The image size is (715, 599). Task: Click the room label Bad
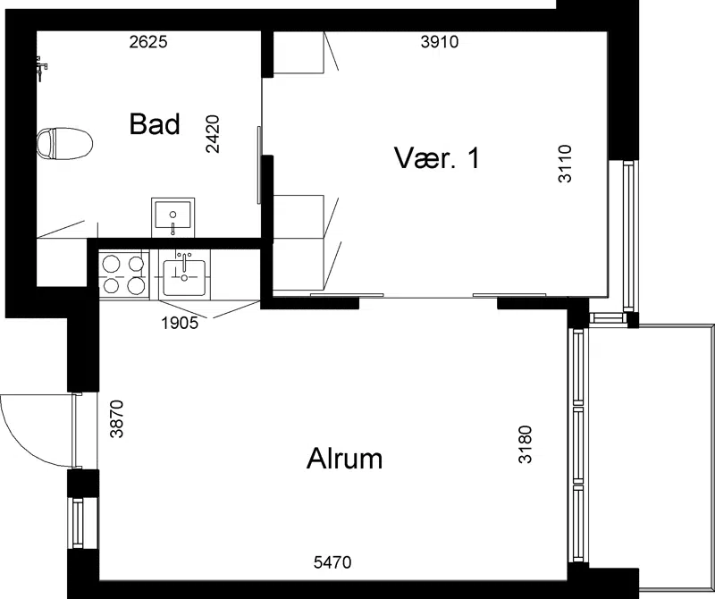pyautogui.click(x=155, y=123)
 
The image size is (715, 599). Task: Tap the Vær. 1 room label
pyautogui.click(x=437, y=158)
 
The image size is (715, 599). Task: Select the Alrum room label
pyautogui.click(x=344, y=458)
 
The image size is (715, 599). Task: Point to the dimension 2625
pyautogui.click(x=148, y=42)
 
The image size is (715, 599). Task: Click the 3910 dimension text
pyautogui.click(x=440, y=42)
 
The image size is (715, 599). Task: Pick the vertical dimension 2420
pyautogui.click(x=213, y=134)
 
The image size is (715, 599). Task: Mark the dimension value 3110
pyautogui.click(x=565, y=164)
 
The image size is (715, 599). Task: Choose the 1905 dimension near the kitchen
pyautogui.click(x=180, y=323)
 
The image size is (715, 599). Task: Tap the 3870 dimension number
pyautogui.click(x=117, y=418)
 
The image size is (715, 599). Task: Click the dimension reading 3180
pyautogui.click(x=526, y=444)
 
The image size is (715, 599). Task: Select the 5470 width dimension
pyautogui.click(x=332, y=562)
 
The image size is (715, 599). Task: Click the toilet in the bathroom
pyautogui.click(x=64, y=144)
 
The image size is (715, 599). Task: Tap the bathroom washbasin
pyautogui.click(x=172, y=217)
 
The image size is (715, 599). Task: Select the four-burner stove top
pyautogui.click(x=124, y=274)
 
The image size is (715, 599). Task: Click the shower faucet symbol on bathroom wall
pyautogui.click(x=41, y=69)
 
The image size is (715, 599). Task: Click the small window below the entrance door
pyautogui.click(x=78, y=523)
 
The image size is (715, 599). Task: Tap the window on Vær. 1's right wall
pyautogui.click(x=628, y=236)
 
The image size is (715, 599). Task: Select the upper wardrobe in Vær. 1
pyautogui.click(x=299, y=52)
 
